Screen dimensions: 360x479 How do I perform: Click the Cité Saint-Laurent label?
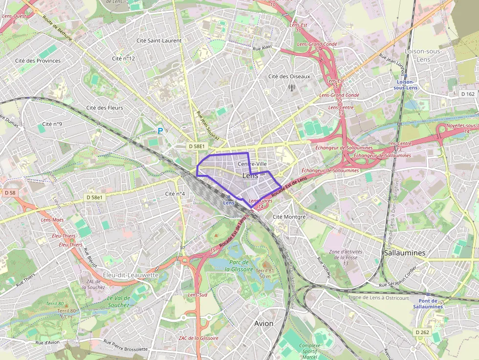pos(159,41)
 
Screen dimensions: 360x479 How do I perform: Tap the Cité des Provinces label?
pos(38,61)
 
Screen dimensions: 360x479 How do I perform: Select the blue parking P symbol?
pos(159,130)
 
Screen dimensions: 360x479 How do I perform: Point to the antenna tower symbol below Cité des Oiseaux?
pos(292,88)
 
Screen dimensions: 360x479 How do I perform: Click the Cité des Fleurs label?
pos(105,107)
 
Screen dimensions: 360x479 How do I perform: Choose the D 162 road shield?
pos(468,94)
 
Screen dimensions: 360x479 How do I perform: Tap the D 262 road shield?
pos(422,332)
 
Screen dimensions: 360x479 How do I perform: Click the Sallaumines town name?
pos(405,253)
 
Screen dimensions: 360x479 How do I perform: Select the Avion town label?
pos(264,323)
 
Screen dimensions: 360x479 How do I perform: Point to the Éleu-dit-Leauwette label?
pos(131,275)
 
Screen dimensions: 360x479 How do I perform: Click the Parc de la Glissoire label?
pos(239,266)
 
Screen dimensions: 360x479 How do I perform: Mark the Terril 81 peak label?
pos(264,273)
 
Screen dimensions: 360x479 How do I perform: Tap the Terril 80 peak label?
pos(68,313)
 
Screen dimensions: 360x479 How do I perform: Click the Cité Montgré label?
pos(289,216)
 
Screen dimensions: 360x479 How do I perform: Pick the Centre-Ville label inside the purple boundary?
pos(251,164)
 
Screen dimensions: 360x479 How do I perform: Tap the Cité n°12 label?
pos(123,58)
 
